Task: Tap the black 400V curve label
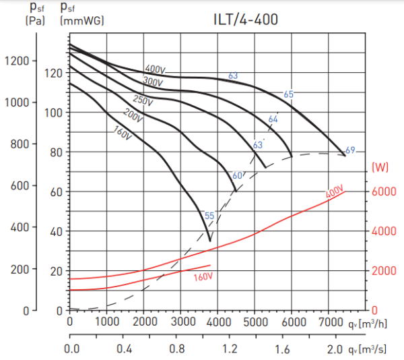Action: pos(155,69)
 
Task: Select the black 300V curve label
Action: pos(153,82)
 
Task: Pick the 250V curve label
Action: pos(142,100)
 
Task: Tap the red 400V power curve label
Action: pos(335,194)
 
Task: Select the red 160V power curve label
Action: pos(203,277)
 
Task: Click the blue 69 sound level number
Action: pos(350,150)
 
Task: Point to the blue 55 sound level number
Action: pos(209,216)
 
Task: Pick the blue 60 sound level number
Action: pos(237,176)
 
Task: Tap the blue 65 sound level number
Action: pos(289,94)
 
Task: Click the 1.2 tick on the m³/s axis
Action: pos(231,349)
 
